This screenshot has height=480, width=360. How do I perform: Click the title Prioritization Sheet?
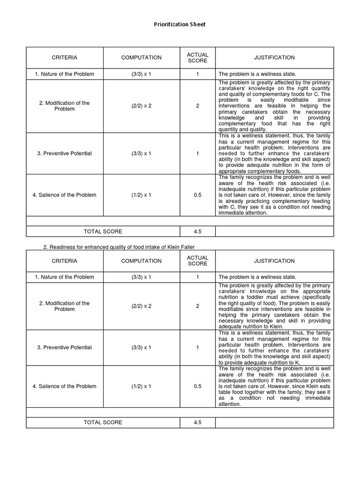click(180, 24)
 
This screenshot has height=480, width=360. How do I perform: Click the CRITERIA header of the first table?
click(65, 58)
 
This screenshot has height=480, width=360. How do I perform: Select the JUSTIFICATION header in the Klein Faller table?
click(274, 261)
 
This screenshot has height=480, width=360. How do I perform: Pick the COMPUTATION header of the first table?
click(141, 58)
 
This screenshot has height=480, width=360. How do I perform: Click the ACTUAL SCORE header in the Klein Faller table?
click(197, 261)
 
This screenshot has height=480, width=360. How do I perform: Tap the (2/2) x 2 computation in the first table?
click(141, 106)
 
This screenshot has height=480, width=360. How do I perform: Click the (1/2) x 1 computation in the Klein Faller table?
click(141, 386)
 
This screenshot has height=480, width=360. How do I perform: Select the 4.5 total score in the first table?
click(197, 231)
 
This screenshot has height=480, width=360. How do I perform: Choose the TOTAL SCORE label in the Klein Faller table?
click(103, 422)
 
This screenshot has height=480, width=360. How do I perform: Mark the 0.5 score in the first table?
click(197, 195)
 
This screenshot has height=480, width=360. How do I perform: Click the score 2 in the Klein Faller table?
click(197, 306)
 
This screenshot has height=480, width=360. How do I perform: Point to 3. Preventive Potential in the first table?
click(65, 153)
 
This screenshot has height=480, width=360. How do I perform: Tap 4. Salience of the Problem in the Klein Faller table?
click(65, 386)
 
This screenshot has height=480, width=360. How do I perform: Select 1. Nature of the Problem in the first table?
click(65, 74)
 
